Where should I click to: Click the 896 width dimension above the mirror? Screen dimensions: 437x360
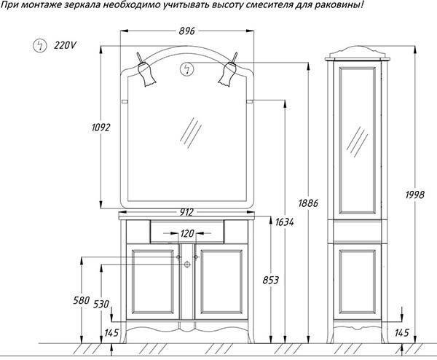186,31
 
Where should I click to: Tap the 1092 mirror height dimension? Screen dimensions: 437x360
101,128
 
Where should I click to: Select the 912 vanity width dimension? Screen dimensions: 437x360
186,213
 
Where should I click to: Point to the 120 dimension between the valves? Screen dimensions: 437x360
187,233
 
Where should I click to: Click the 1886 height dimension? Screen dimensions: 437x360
308,203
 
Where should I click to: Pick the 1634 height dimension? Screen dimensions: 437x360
284,222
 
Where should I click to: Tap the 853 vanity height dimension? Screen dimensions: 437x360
271,280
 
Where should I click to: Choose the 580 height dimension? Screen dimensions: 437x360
82,300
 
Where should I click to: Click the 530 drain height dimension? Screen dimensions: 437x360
101,304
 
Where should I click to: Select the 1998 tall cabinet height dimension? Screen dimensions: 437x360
415,195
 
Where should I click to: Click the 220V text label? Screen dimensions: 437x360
65,45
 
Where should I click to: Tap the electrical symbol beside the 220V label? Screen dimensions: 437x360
40,45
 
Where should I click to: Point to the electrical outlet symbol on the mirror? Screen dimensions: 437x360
187,69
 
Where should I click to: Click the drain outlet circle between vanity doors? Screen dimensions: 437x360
187,265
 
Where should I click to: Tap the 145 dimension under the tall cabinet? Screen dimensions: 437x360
401,333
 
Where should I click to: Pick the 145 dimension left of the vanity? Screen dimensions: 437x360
111,333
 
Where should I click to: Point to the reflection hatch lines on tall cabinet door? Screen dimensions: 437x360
357,142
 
